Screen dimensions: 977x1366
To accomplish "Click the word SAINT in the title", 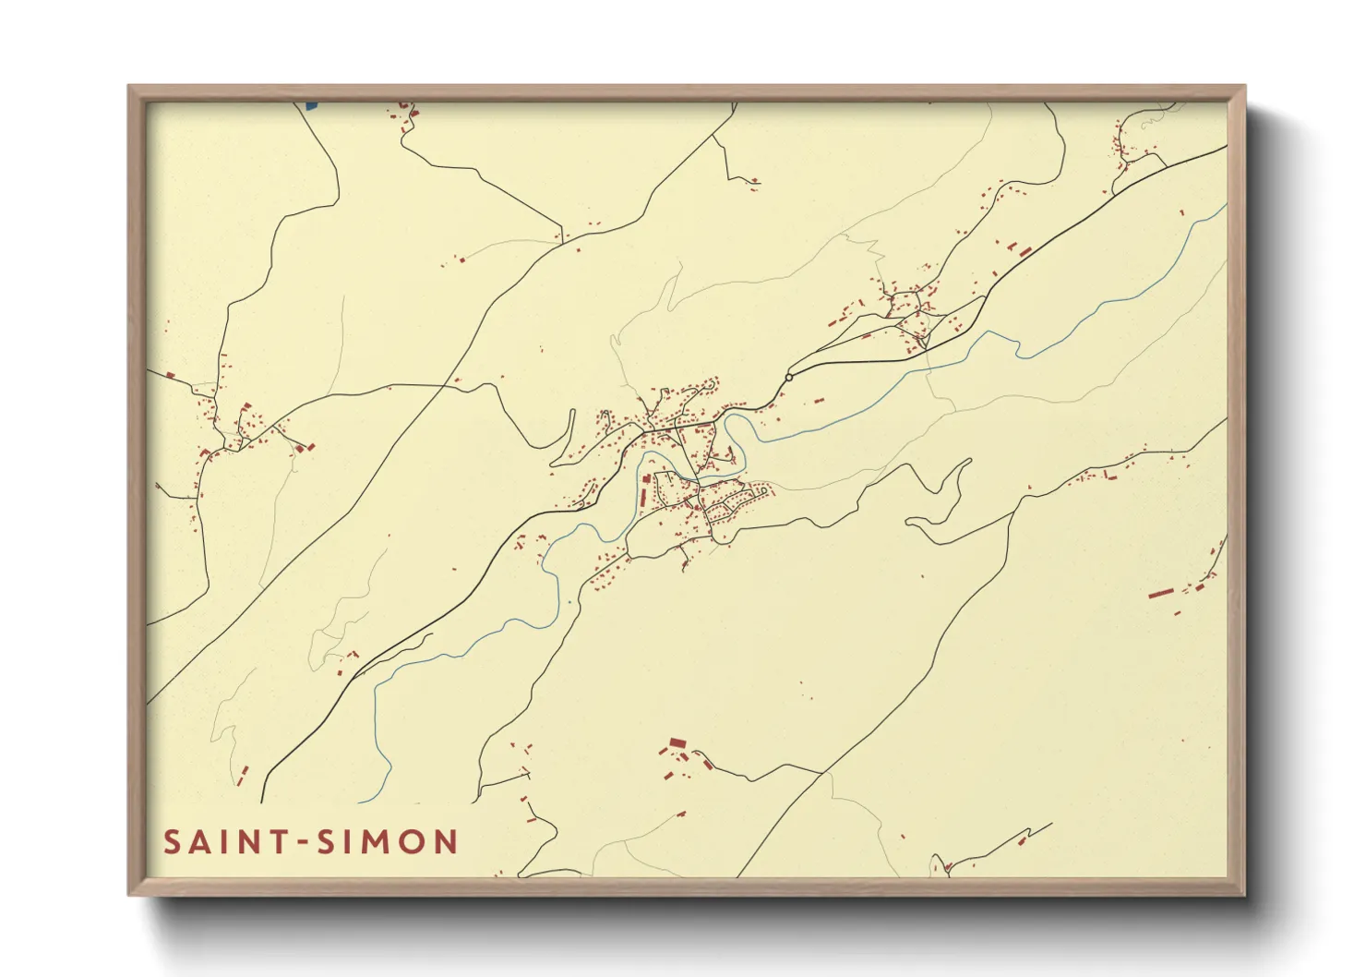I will click(x=222, y=842).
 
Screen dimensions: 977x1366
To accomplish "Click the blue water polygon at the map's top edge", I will click(x=310, y=106).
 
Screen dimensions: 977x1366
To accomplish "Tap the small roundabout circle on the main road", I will click(x=789, y=378).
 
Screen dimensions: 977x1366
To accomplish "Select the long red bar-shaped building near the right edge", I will click(x=1160, y=593).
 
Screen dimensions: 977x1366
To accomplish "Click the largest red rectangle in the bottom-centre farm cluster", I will click(x=677, y=742).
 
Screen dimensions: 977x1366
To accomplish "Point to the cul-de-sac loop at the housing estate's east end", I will click(x=764, y=491).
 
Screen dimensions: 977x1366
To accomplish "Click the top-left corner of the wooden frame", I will click(x=129, y=87).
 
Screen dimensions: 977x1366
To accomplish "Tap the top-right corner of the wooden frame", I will click(x=1244, y=87).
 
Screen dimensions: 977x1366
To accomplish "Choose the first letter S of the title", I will click(x=172, y=842).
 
